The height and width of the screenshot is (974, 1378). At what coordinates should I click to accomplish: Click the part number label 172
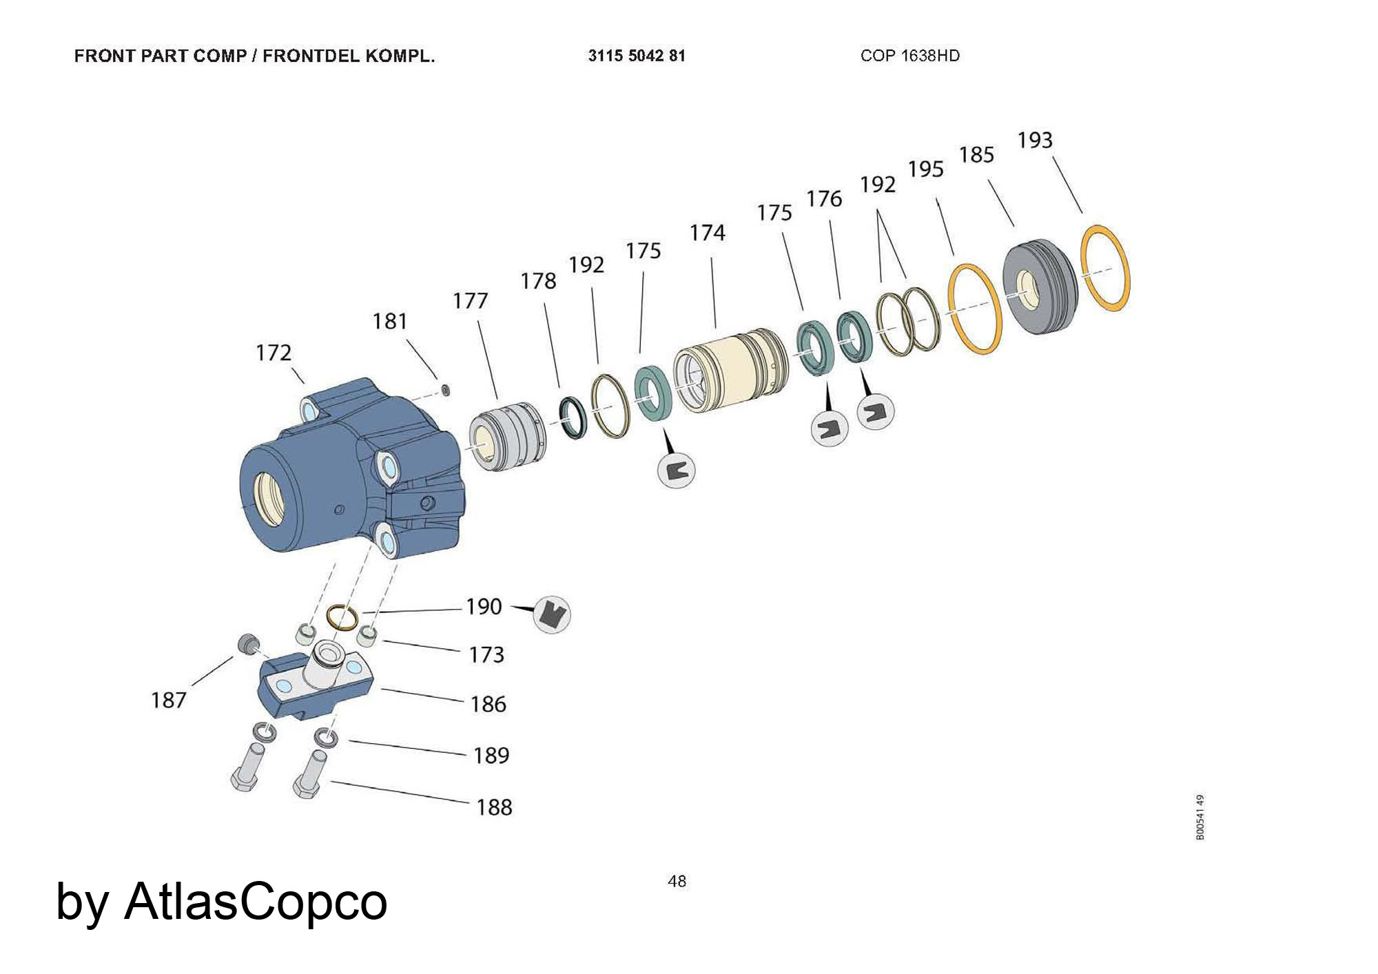click(274, 353)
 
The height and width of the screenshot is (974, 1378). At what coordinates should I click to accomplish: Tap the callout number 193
click(1035, 141)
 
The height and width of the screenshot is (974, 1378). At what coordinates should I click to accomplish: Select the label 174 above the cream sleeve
click(707, 233)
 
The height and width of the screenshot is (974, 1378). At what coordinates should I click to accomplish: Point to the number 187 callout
click(169, 701)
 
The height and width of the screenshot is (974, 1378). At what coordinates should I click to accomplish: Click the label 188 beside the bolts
click(494, 807)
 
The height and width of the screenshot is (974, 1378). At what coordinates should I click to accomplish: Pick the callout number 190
click(484, 607)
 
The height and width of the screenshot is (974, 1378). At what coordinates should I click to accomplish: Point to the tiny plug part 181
click(445, 391)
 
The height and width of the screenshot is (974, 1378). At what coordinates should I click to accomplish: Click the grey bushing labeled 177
click(507, 437)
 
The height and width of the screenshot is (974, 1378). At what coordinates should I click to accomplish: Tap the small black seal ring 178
click(573, 417)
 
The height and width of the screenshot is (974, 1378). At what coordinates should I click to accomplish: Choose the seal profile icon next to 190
click(552, 613)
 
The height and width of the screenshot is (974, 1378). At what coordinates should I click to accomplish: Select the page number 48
click(677, 881)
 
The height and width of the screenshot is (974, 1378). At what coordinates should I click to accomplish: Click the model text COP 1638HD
click(909, 56)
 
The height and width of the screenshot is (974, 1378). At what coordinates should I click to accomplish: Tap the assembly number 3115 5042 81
click(637, 56)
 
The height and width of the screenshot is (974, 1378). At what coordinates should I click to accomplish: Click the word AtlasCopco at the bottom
click(255, 901)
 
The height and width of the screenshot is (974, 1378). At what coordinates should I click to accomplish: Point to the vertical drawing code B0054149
click(1200, 817)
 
